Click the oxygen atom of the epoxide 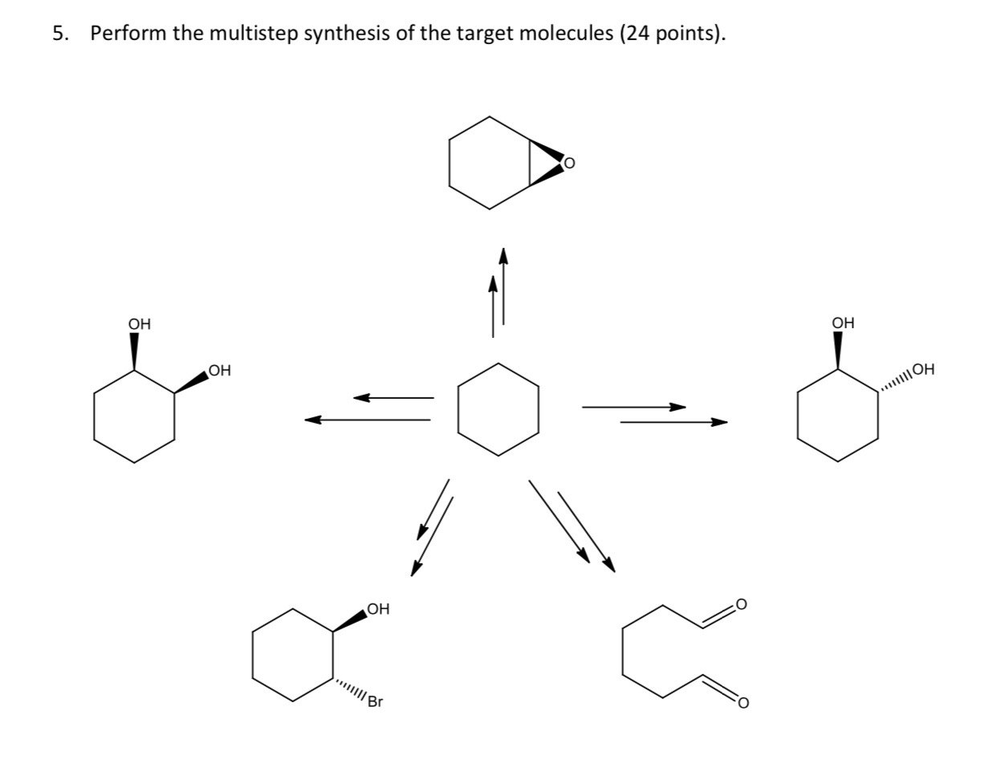569,164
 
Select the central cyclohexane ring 498,409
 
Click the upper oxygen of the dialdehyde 741,603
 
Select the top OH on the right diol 843,323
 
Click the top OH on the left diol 139,324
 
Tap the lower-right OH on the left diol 218,370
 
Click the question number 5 58,34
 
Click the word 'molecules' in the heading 568,34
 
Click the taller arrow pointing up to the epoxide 503,286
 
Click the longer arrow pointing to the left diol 368,419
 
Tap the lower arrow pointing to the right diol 674,421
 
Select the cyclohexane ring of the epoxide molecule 489,163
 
